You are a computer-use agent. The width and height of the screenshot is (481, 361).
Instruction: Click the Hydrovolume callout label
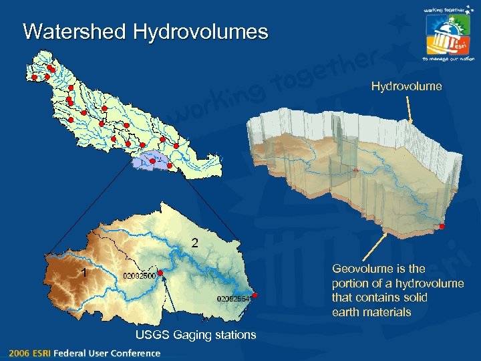[406, 86]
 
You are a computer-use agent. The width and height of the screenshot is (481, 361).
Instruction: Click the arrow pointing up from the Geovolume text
[375, 247]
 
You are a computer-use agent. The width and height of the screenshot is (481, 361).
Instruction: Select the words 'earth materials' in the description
[371, 312]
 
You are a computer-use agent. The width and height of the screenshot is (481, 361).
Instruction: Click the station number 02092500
[139, 275]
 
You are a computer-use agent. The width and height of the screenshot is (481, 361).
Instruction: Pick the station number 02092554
[233, 298]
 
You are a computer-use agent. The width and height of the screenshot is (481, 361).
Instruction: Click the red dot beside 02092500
[161, 273]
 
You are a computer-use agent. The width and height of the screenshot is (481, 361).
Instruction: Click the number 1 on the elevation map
[84, 272]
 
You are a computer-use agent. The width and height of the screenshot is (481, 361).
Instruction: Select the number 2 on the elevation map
[194, 242]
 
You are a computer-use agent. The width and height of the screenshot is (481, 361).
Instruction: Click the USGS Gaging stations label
[195, 335]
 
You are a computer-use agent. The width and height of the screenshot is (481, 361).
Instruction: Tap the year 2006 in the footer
[19, 353]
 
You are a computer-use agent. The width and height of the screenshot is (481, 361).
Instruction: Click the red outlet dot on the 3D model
[442, 227]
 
